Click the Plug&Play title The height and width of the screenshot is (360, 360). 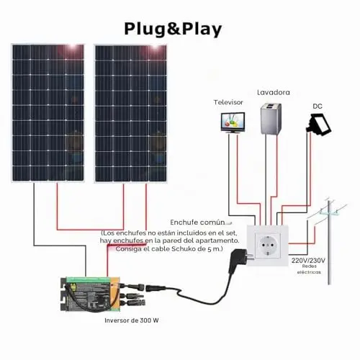173,30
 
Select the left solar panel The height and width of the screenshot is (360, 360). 48,113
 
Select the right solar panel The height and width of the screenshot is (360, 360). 131,113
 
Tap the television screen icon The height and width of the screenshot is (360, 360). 233,122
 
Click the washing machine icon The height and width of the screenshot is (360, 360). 271,119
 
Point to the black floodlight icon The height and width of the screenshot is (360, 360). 319,125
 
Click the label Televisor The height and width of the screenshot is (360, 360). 228,102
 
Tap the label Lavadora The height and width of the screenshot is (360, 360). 274,92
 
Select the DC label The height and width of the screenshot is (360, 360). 318,107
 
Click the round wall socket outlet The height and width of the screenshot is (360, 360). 267,246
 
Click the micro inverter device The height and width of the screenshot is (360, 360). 90,294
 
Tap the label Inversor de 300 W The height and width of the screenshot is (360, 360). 132,320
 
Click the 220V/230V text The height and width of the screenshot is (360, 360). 308,261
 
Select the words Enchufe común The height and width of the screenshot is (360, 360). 197,222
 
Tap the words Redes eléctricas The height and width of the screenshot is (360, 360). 309,269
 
